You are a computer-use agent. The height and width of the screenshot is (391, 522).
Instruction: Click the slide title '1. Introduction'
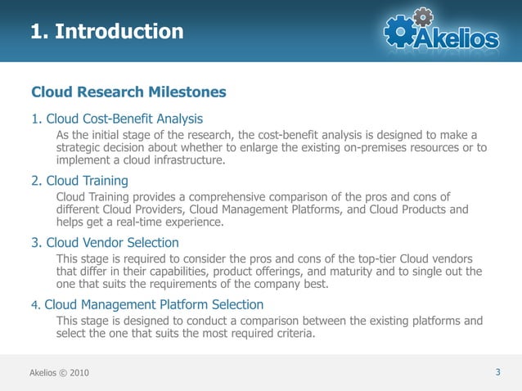[106, 32]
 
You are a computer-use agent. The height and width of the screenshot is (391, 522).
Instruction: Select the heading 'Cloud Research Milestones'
[128, 92]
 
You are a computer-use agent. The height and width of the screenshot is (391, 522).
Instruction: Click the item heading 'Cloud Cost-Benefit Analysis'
[124, 119]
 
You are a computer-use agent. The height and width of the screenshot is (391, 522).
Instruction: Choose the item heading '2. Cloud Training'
[79, 181]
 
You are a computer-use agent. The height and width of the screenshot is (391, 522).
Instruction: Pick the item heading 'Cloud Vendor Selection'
[112, 243]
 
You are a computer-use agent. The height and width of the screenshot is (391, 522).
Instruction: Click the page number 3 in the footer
[497, 373]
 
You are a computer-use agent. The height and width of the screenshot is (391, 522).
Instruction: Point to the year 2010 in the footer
[76, 374]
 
